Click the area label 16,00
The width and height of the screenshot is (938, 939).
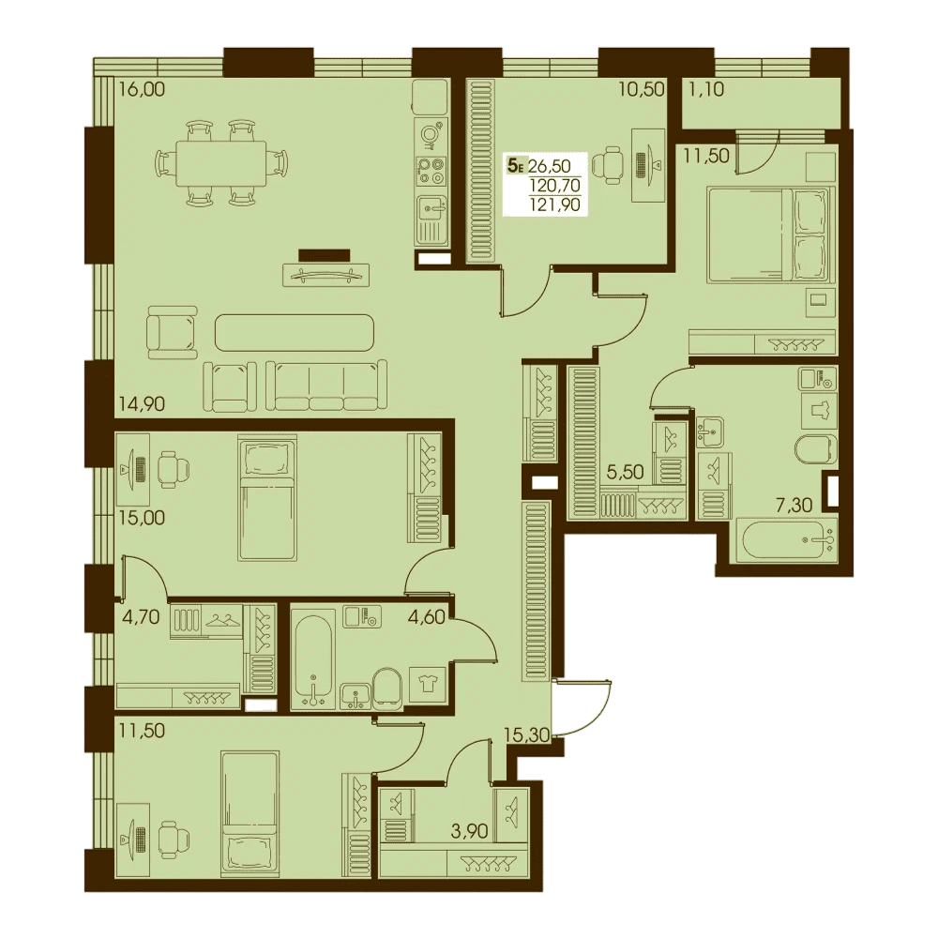[x=142, y=90]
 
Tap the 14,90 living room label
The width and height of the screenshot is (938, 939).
[x=142, y=404]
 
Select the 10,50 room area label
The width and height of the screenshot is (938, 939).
[x=643, y=90]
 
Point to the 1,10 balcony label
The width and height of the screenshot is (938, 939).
[x=706, y=90]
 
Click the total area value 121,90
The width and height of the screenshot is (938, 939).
[x=554, y=204]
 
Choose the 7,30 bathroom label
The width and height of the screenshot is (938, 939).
[x=794, y=506]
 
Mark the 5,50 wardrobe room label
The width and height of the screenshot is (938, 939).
[x=626, y=473]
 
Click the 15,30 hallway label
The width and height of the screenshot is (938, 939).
[x=527, y=735]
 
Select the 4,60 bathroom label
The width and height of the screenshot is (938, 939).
[x=427, y=617]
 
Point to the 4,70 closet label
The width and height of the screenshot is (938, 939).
[x=140, y=617]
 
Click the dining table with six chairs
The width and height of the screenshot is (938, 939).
[x=221, y=163]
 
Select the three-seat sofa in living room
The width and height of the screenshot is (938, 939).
[x=326, y=386]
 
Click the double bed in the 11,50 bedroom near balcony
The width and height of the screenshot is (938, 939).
[x=771, y=235]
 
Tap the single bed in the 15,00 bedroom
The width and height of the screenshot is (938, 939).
[x=267, y=498]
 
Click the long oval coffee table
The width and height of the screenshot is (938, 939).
[x=295, y=333]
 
